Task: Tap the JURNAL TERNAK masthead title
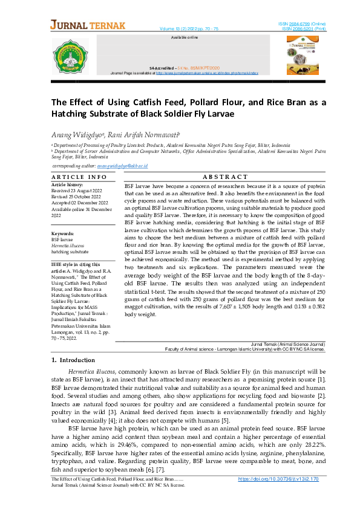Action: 88,25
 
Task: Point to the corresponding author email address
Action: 123,165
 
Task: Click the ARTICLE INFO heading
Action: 79,177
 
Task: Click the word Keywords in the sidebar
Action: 63,233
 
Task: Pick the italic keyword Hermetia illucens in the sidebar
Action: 68,245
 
